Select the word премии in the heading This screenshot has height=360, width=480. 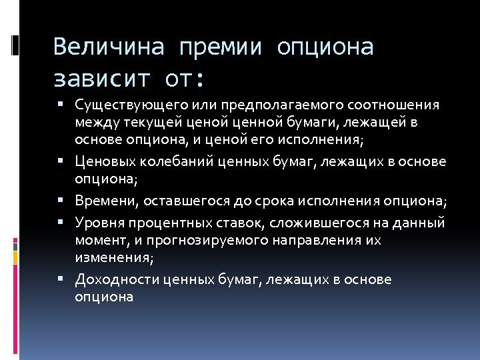(x=223, y=47)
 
